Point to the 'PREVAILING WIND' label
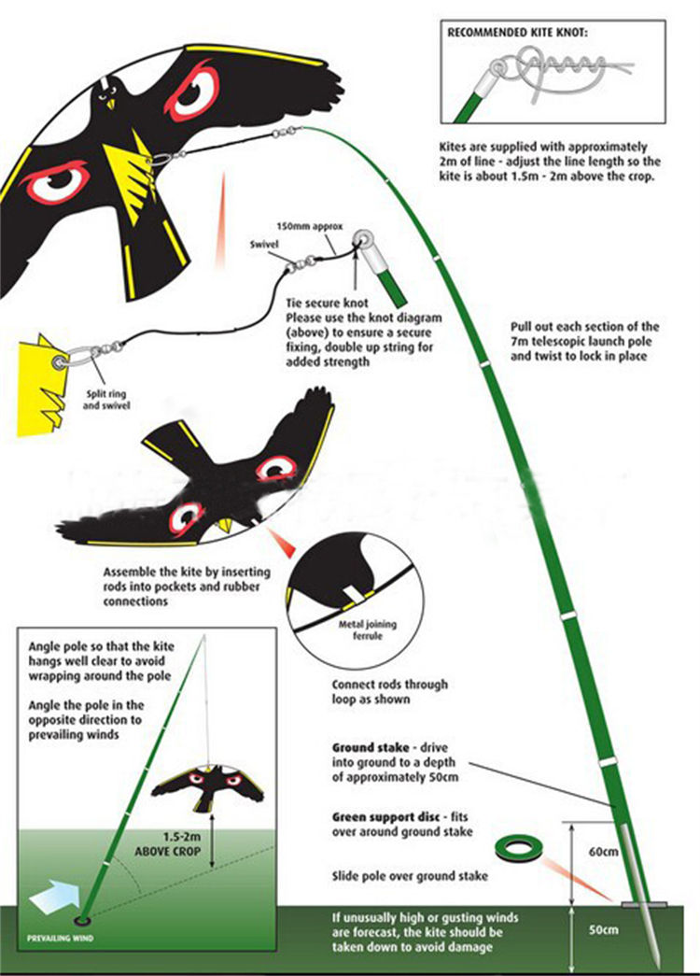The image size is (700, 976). tap(62, 937)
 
